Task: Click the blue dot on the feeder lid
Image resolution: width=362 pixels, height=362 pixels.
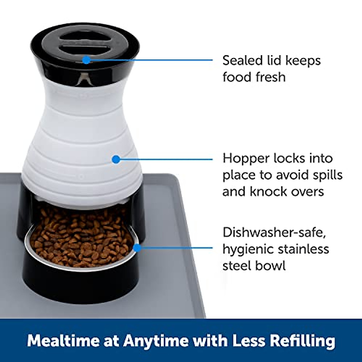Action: pyautogui.click(x=86, y=60)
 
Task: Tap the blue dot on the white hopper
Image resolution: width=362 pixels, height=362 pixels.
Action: pyautogui.click(x=116, y=159)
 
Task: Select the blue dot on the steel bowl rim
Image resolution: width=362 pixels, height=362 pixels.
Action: pyautogui.click(x=137, y=248)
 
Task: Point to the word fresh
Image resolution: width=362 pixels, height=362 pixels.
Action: pyautogui.click(x=271, y=77)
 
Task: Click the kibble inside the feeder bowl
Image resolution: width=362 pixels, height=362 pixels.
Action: pyautogui.click(x=81, y=238)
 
